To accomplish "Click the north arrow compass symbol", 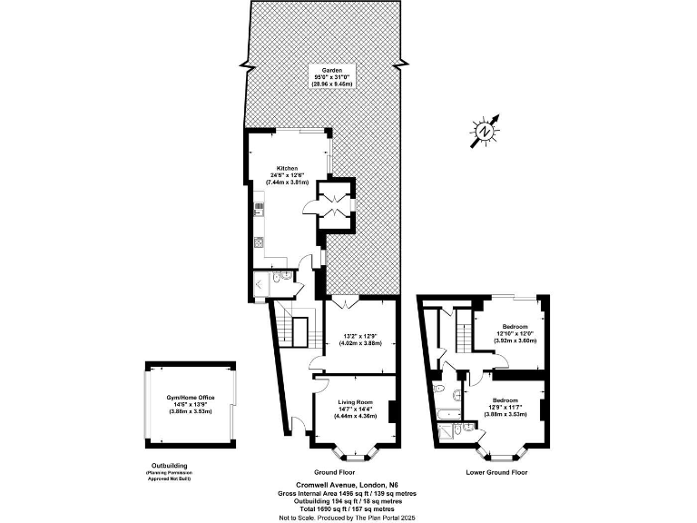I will click(x=486, y=132).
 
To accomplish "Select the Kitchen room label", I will click(x=288, y=169).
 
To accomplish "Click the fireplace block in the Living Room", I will click(x=392, y=411).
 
